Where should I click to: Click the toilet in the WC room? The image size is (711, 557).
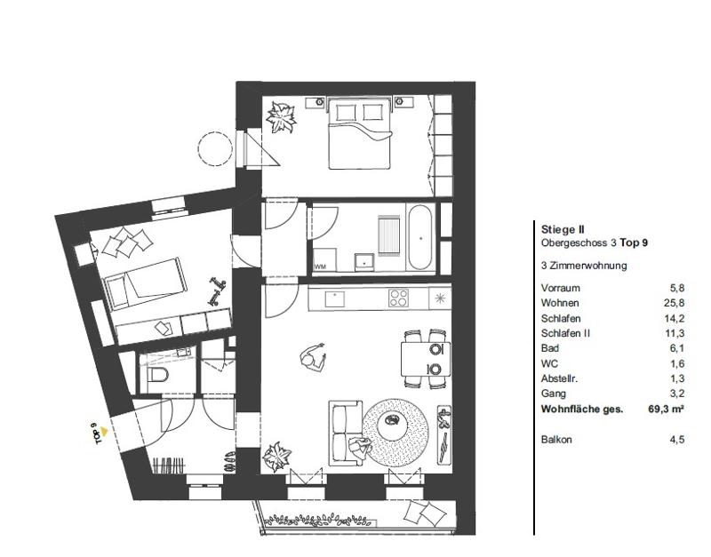click(157, 375)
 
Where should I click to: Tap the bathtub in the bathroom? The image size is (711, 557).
click(420, 238)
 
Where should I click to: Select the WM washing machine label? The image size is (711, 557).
click(320, 267)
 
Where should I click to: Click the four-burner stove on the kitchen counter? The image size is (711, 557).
click(398, 298)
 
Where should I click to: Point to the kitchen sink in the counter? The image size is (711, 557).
click(335, 299)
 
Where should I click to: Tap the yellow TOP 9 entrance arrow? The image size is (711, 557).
click(104, 432)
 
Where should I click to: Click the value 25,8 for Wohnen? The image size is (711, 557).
click(675, 303)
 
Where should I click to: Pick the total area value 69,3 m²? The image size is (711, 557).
click(666, 409)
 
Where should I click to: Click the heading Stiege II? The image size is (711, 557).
click(563, 229)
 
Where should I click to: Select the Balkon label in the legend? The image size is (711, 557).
click(556, 439)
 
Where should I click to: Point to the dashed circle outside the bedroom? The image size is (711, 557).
click(214, 147)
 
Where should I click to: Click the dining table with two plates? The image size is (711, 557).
click(426, 359)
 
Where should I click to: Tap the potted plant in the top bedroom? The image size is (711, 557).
click(281, 117)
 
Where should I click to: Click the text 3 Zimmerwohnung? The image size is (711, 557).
click(584, 266)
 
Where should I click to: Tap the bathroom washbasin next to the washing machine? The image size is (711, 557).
click(364, 261)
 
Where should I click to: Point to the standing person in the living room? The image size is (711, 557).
click(313, 358)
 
